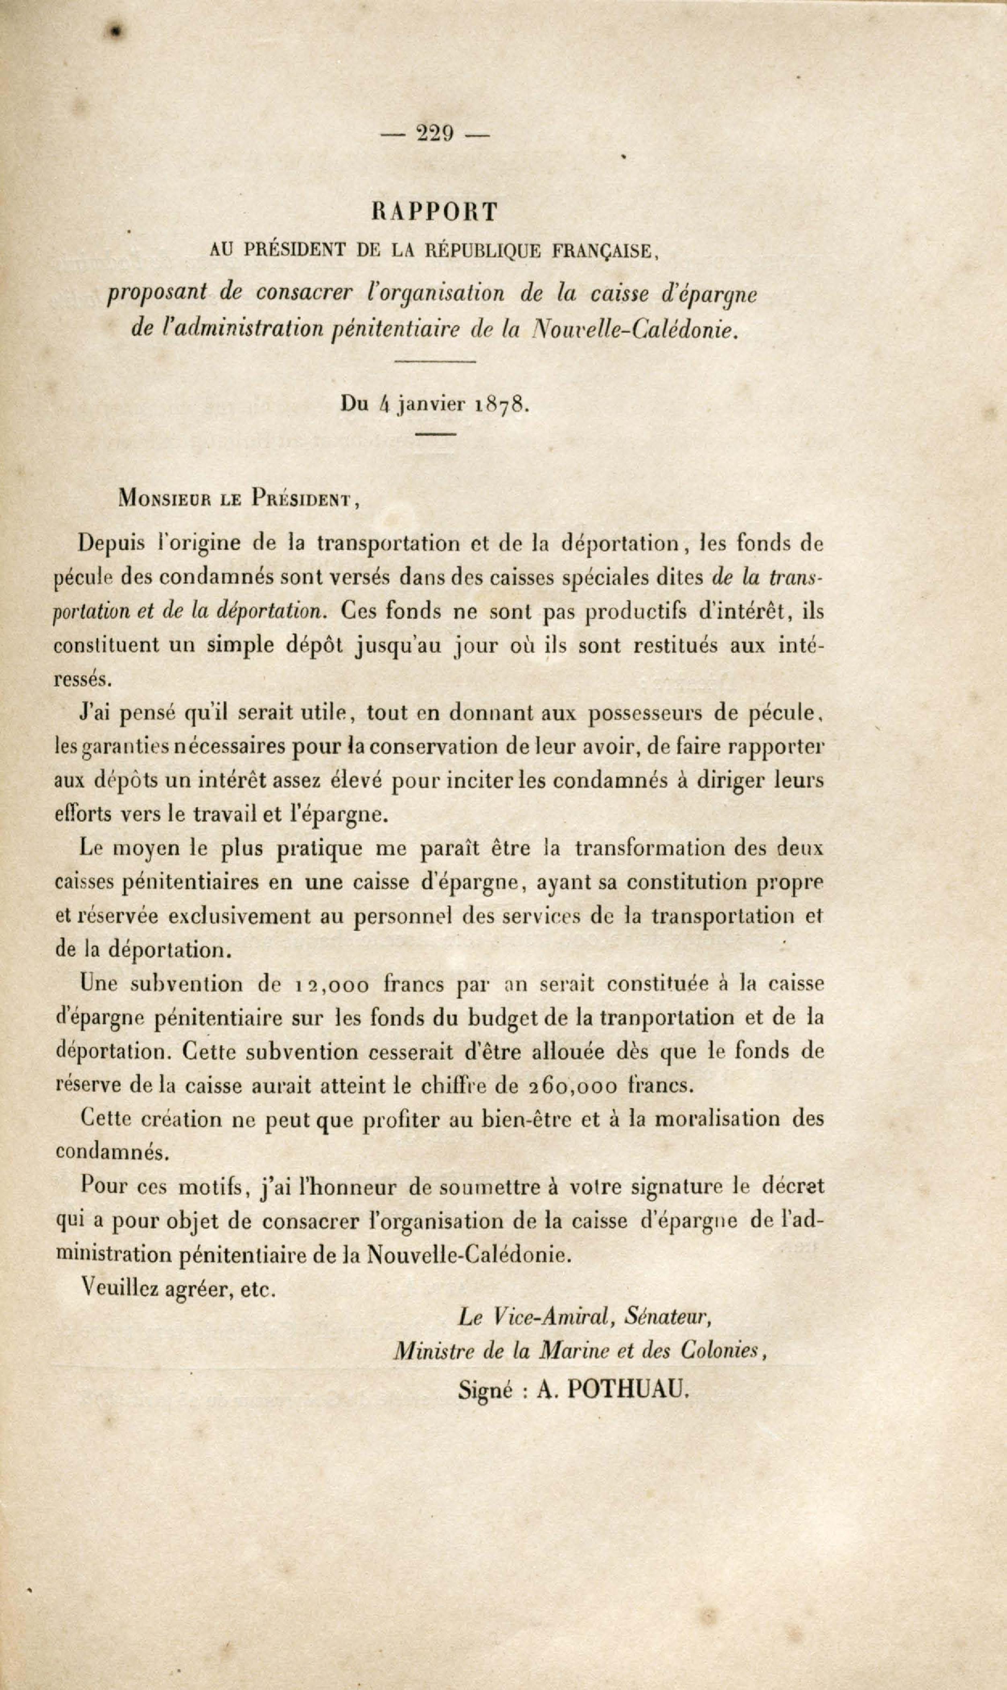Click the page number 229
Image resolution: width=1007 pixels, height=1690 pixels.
coord(435,133)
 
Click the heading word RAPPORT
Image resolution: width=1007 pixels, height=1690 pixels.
coord(435,211)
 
